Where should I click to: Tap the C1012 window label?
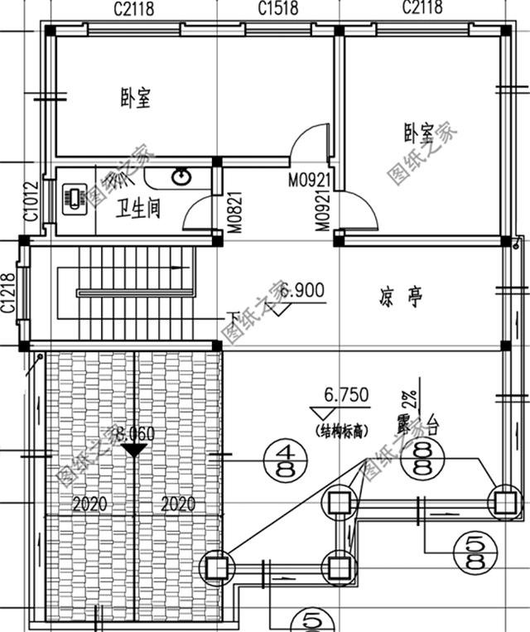pos(31,201)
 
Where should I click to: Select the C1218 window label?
pos(9,293)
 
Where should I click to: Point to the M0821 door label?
pos(235,212)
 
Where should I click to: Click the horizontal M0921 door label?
pos(310,179)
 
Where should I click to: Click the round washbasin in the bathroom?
pos(181,176)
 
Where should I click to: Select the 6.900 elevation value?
pos(302,291)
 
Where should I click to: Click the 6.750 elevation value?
pos(346,396)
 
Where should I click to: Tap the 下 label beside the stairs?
pos(233,317)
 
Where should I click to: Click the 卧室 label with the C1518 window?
pos(134,99)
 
